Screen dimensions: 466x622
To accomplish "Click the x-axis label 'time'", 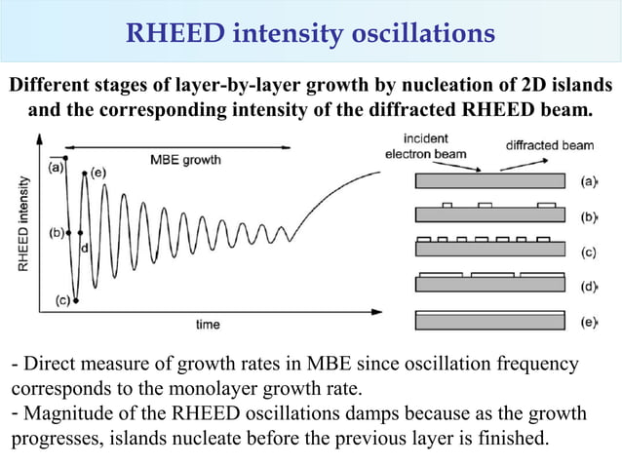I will (208, 324).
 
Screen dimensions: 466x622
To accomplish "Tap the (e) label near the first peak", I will (97, 173).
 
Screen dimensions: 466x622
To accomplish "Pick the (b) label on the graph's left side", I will (57, 233).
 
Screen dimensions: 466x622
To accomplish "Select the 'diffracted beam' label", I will (549, 145).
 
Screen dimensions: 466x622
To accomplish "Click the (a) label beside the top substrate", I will (589, 180).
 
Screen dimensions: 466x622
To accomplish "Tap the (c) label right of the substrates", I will (589, 252).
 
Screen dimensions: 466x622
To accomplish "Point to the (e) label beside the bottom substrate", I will (589, 322).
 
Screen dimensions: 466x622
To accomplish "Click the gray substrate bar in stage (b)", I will (489, 215).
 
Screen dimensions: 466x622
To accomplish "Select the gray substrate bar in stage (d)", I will (489, 286).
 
